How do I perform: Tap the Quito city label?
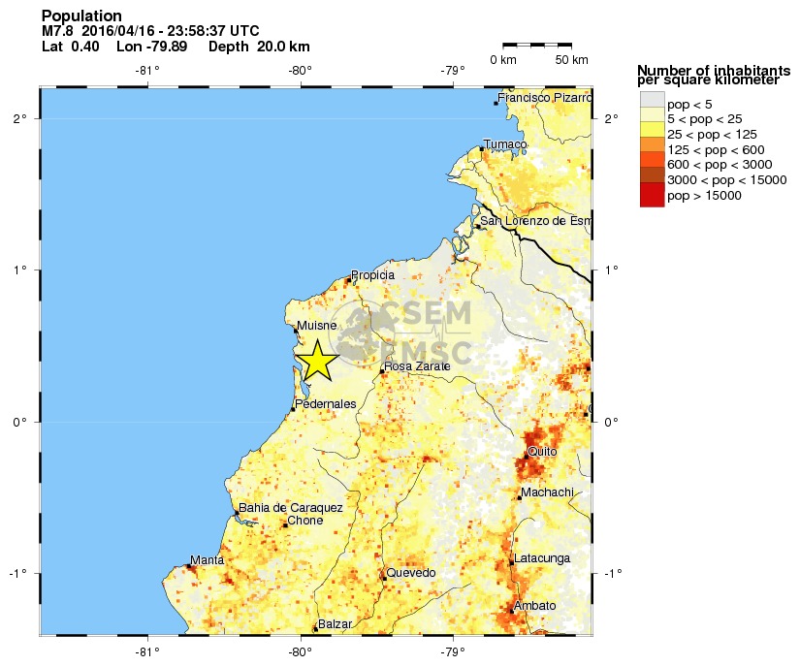pos(542,452)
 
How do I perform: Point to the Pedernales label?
pos(325,403)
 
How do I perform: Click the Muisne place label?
pos(317,326)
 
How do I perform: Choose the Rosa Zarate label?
pos(417,366)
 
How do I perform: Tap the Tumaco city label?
pos(505,144)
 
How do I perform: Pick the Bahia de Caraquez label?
pos(291,508)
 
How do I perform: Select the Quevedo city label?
pos(411,573)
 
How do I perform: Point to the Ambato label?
pos(535,606)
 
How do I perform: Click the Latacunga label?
pos(543,558)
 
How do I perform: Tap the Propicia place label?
pos(372,275)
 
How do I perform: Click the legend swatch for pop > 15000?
pos(652,196)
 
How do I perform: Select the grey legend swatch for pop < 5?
pos(652,102)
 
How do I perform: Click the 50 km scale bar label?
pos(571,60)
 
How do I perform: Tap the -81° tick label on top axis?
pos(147,70)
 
